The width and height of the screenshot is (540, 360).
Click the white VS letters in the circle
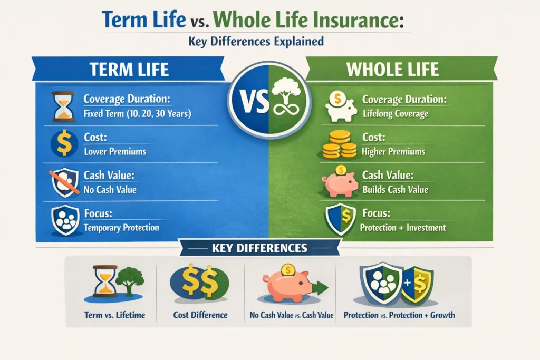[x=255, y=102]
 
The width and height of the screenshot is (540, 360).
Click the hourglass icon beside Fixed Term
[x=64, y=106]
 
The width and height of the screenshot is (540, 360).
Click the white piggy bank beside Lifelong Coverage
[x=341, y=106]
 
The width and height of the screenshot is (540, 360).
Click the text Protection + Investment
[x=403, y=228]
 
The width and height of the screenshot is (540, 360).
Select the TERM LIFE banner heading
[x=129, y=69]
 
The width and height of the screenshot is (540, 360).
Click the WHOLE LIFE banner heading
[x=392, y=69]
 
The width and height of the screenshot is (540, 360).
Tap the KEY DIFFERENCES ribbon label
[x=259, y=248]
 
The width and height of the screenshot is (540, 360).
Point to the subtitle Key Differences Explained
[x=256, y=41]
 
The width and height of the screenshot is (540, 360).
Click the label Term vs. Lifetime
[x=114, y=315]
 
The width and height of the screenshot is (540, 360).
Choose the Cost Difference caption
[x=200, y=315]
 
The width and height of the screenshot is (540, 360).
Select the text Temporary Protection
[x=122, y=228]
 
